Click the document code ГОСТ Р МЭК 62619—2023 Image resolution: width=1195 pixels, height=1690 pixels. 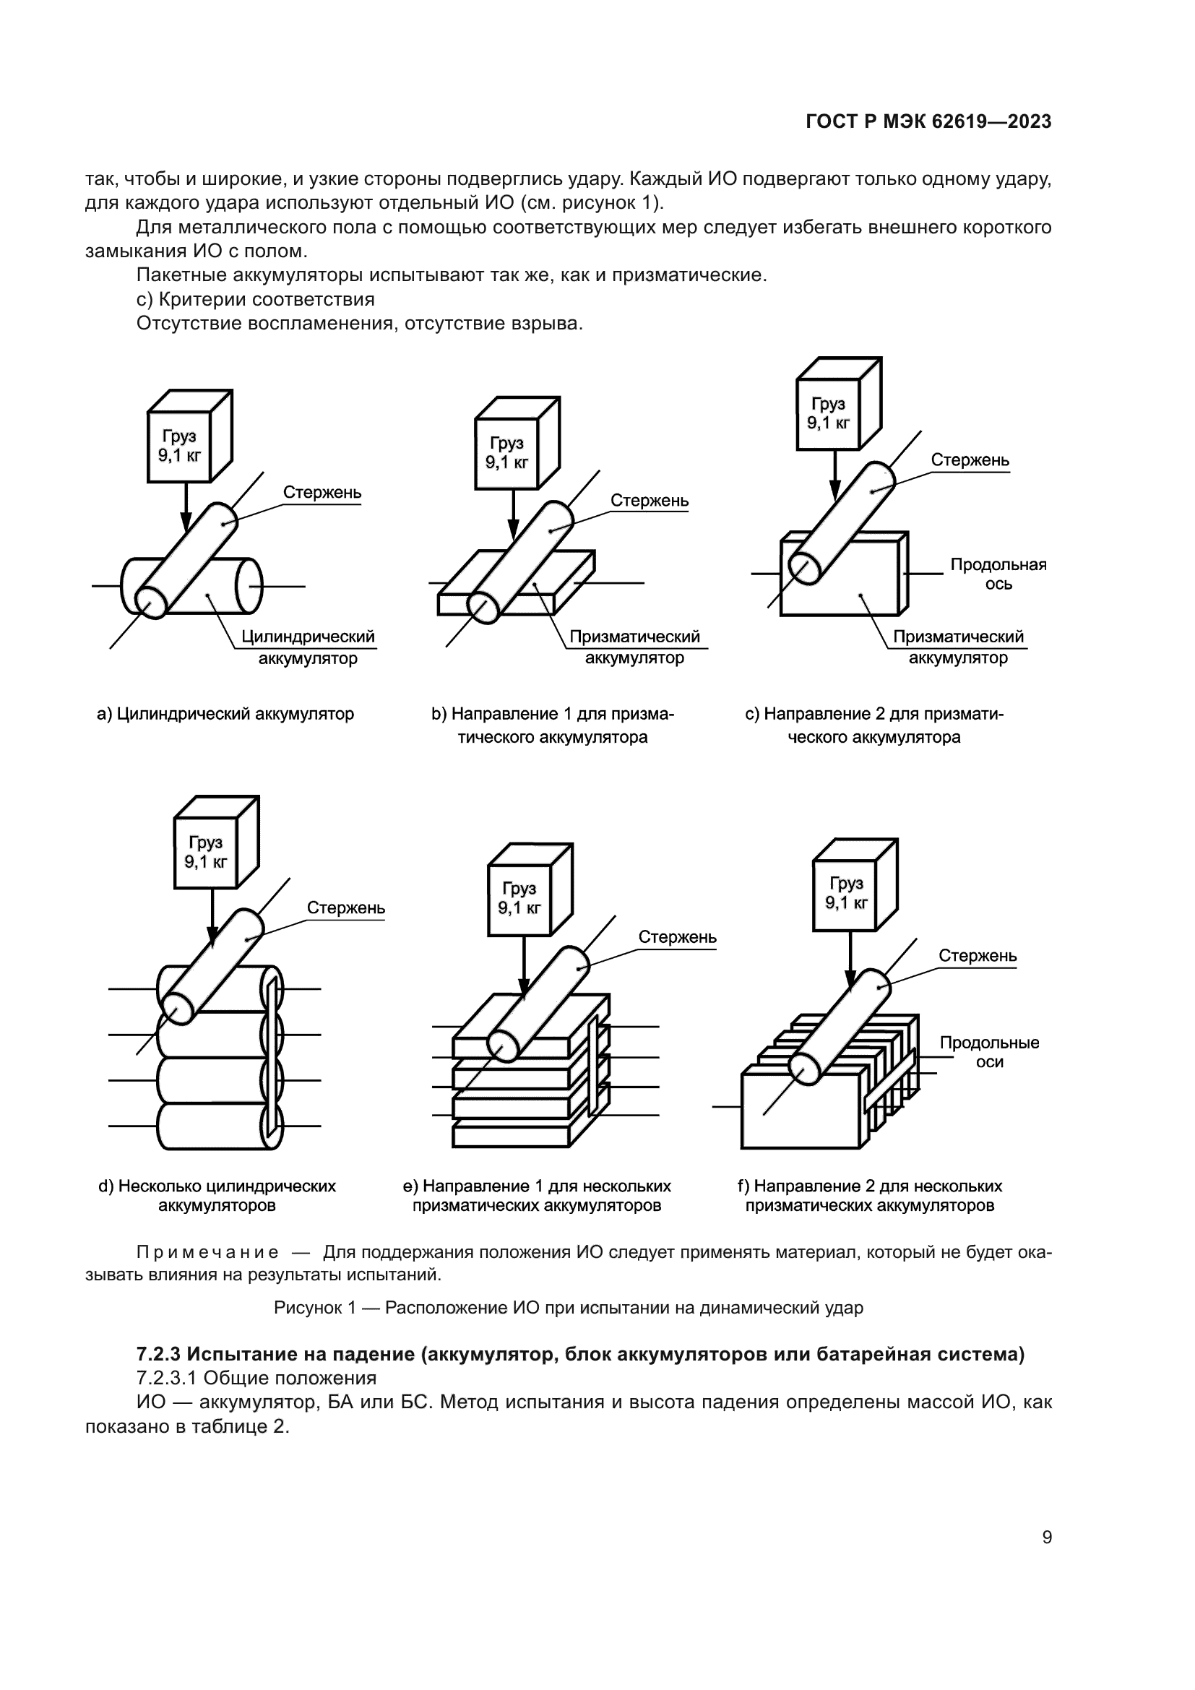(928, 122)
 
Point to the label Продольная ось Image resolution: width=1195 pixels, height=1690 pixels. (998, 574)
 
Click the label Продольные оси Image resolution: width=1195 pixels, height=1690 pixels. (989, 1052)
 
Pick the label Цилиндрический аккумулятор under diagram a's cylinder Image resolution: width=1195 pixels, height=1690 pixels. (308, 647)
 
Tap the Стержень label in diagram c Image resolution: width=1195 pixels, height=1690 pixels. (970, 461)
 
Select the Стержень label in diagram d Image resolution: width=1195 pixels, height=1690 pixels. (346, 908)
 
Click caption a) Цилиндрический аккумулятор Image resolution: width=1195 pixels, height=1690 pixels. (225, 714)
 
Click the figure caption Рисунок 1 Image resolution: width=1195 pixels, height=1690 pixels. (568, 1307)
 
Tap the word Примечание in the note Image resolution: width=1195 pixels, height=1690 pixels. (207, 1253)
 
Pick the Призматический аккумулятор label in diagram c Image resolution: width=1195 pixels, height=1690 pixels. (957, 647)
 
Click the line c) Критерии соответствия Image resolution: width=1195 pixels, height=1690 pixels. (255, 300)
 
